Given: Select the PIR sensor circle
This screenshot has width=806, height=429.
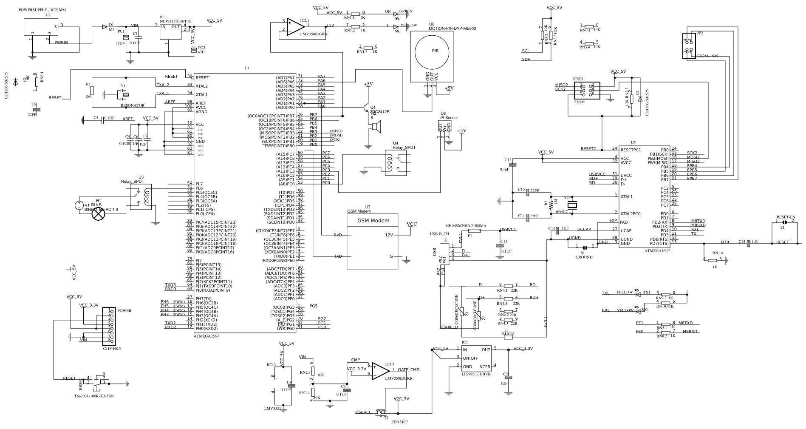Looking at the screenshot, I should pyautogui.click(x=433, y=51).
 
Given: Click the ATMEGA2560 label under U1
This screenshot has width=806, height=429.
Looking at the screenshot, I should pyautogui.click(x=206, y=336).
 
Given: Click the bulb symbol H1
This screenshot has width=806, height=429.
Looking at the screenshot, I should pyautogui.click(x=99, y=214).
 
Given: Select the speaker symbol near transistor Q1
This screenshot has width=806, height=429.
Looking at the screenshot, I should pyautogui.click(x=375, y=126).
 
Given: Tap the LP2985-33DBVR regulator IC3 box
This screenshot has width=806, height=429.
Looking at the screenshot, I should pyautogui.click(x=476, y=358).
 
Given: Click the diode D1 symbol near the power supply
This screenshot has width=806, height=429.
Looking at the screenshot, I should pyautogui.click(x=105, y=27).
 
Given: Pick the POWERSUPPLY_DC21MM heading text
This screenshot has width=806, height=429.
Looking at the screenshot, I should pyautogui.click(x=42, y=9).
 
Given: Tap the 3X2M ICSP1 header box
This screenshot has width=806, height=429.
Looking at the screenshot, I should pyautogui.click(x=587, y=91).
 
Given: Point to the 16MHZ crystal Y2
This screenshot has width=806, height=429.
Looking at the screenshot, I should pyautogui.click(x=573, y=205).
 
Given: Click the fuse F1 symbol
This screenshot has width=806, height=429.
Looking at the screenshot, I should pyautogui.click(x=474, y=230).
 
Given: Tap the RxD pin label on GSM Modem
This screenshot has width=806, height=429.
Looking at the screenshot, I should pyautogui.click(x=338, y=235).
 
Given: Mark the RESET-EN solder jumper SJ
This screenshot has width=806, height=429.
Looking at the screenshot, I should pyautogui.click(x=783, y=222).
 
